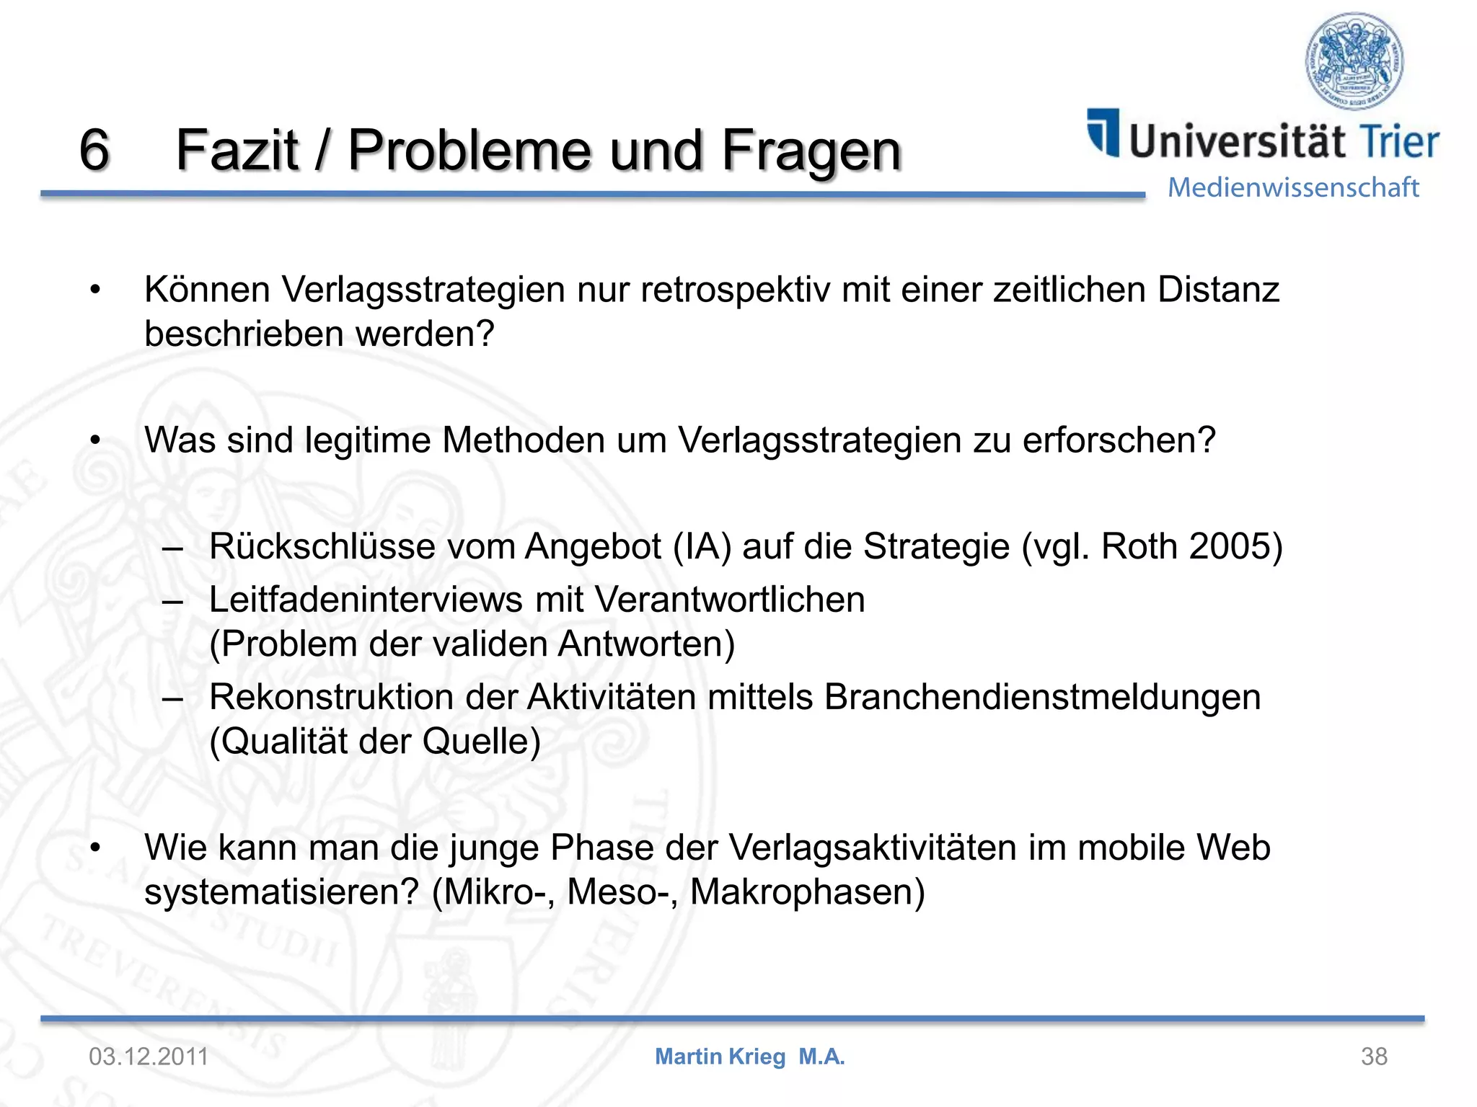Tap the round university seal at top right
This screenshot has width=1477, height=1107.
(1354, 61)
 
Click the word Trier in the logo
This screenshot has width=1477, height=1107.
(1398, 141)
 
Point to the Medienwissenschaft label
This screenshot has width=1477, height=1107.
(1293, 187)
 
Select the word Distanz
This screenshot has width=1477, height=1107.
(1218, 290)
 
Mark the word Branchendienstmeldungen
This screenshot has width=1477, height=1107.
(1042, 697)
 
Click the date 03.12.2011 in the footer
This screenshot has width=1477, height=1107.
(149, 1057)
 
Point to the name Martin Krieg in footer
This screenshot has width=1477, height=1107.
(720, 1057)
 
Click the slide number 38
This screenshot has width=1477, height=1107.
(1374, 1057)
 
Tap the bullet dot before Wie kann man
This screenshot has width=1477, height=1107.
(94, 848)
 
